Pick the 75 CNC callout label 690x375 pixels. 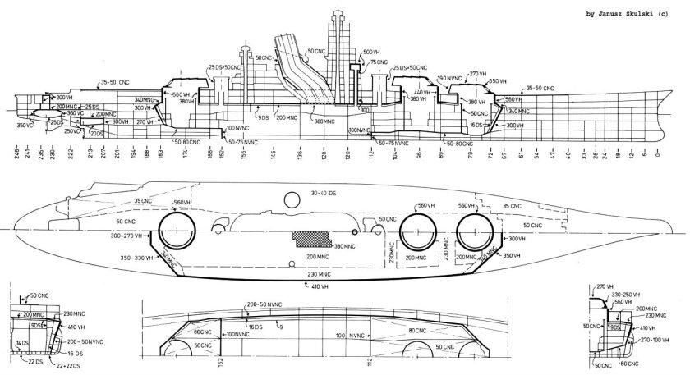tap(379, 62)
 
